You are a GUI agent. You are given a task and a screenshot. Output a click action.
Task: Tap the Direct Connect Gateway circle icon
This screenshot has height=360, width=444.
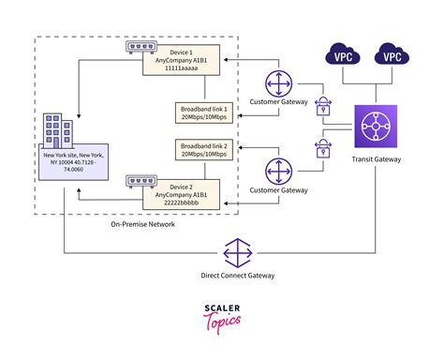(x=238, y=253)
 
